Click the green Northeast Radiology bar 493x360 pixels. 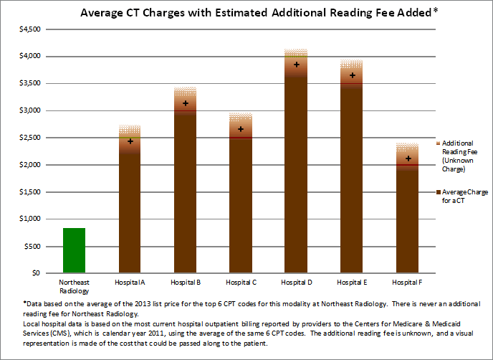pyautogui.click(x=74, y=250)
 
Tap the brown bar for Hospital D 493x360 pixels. pyautogui.click(x=296, y=179)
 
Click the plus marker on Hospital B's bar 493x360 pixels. pyautogui.click(x=186, y=104)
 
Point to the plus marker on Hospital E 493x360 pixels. pyautogui.click(x=351, y=75)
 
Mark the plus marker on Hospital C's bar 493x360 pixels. pyautogui.click(x=241, y=130)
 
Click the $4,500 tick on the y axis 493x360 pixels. pyautogui.click(x=29, y=29)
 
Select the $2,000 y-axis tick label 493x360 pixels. pyautogui.click(x=29, y=165)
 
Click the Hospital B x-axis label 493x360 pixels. pyautogui.click(x=185, y=284)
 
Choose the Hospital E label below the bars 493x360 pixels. pyautogui.click(x=351, y=284)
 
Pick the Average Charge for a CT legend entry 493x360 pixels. pyautogui.click(x=461, y=196)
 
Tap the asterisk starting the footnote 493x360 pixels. pyautogui.click(x=26, y=305)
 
